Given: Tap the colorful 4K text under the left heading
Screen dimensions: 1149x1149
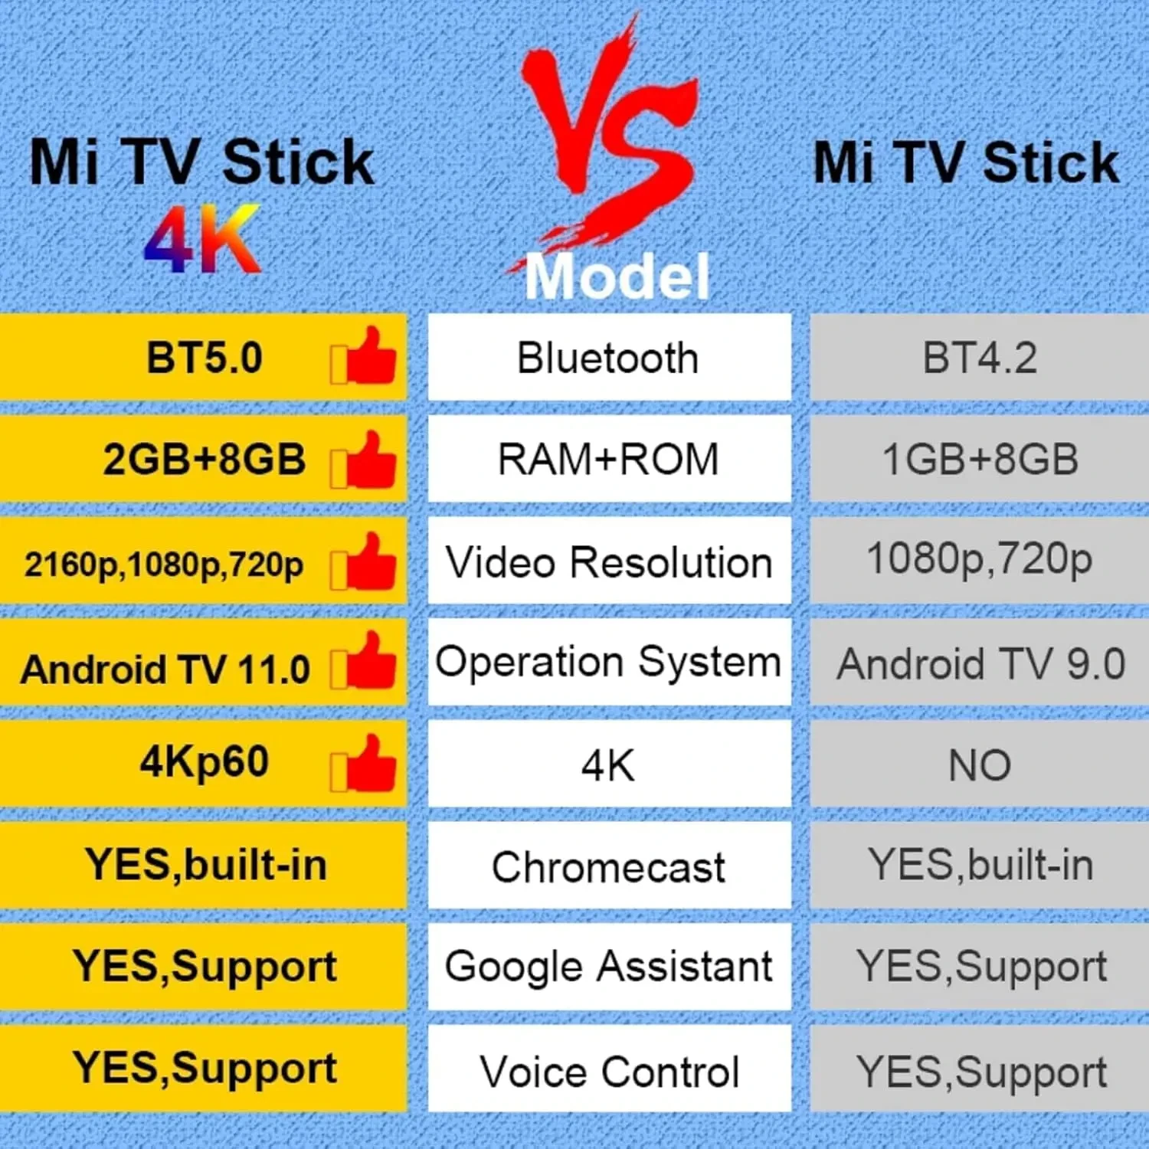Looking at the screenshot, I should (x=203, y=240).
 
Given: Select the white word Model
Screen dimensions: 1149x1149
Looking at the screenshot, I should (x=617, y=276).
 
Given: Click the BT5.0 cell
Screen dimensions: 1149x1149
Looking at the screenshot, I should (x=204, y=358).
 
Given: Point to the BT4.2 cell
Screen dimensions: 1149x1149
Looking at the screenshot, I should (x=980, y=358).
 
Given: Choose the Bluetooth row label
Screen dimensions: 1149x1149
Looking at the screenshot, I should (x=608, y=358).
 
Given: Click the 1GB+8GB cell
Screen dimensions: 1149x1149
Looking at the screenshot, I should (x=980, y=460).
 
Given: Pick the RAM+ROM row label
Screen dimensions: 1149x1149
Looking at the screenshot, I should (x=608, y=460).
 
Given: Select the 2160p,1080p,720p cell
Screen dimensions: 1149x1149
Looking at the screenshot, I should (x=164, y=564).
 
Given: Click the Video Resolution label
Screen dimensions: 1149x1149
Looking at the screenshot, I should (x=608, y=562).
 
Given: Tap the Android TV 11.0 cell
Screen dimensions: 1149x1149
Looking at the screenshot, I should (x=165, y=669).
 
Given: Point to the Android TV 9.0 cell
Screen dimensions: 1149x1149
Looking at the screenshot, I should (x=980, y=663).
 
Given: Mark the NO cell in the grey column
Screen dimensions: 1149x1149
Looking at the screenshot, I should (x=980, y=764).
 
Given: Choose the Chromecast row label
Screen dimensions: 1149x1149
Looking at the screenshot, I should (x=608, y=866).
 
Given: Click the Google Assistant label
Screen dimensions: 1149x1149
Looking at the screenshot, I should (x=608, y=966).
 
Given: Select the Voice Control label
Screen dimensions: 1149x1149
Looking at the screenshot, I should (x=608, y=1070).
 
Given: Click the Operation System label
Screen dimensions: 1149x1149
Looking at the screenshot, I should (x=608, y=662).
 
